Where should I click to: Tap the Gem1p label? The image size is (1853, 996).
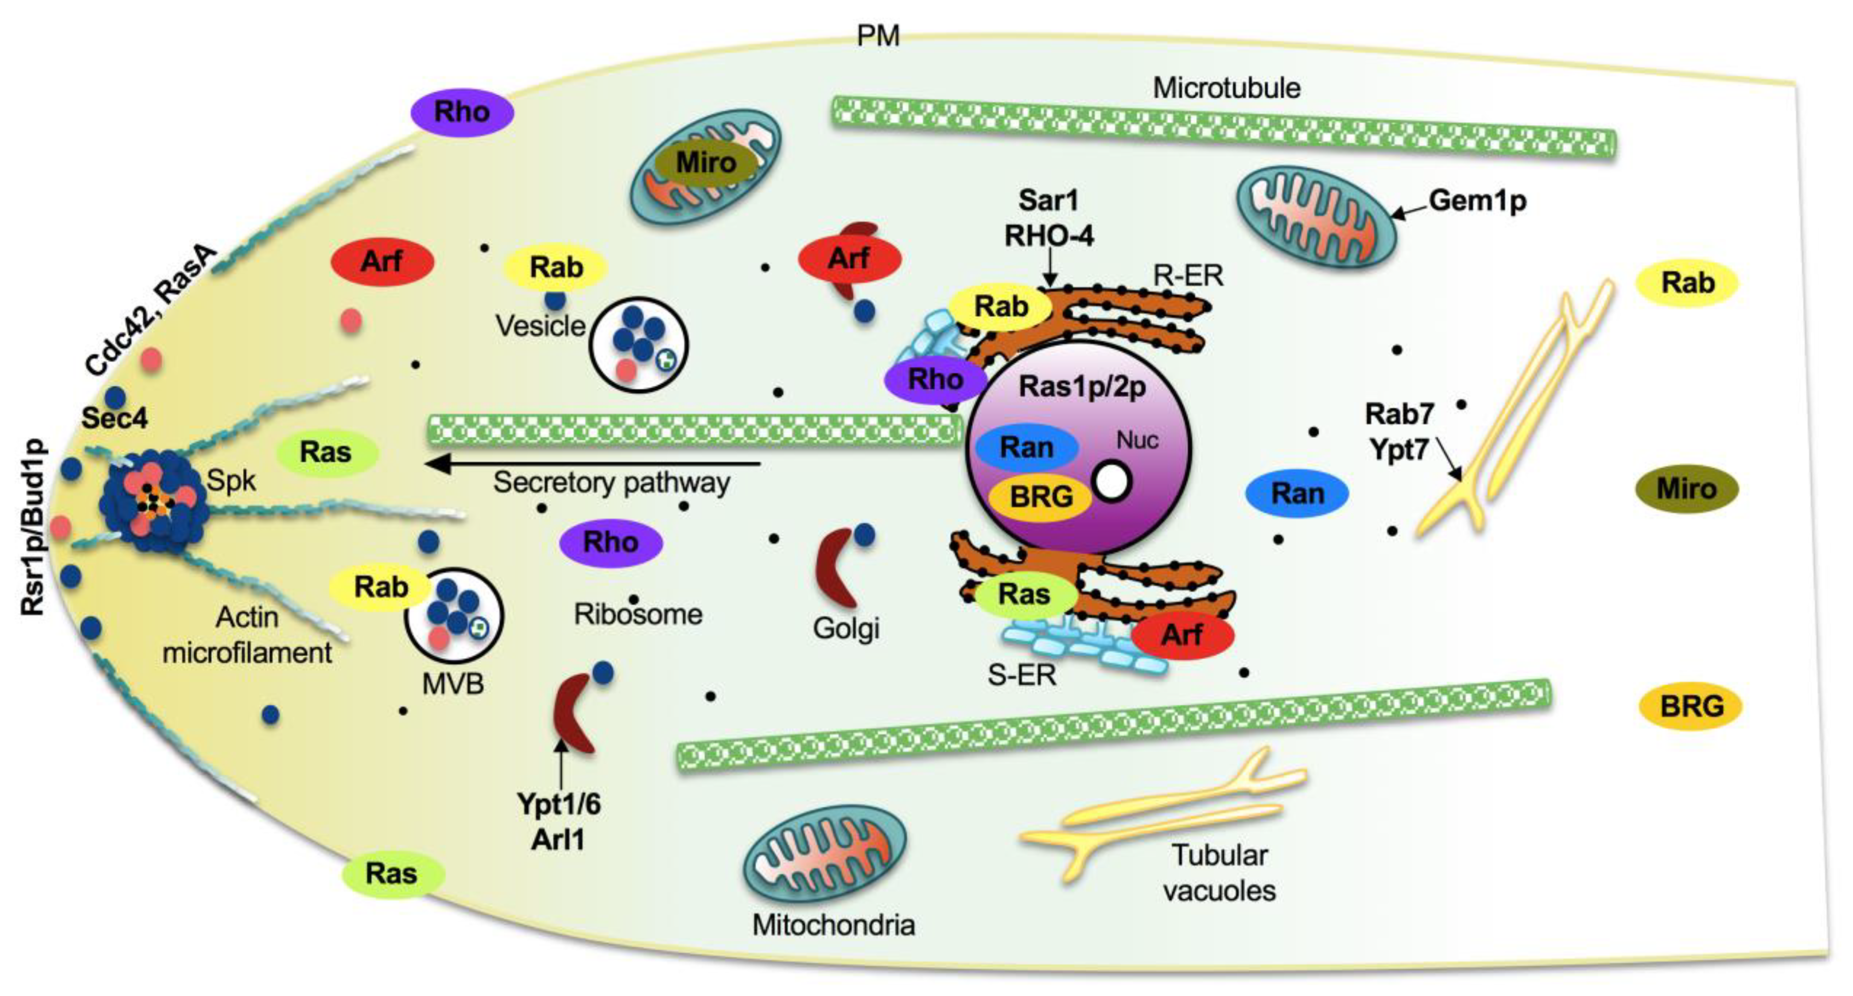click(1477, 201)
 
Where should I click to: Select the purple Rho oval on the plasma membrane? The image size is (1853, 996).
click(462, 112)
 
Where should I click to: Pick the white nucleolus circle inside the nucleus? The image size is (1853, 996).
click(1112, 483)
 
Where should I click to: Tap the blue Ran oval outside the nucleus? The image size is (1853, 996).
click(1297, 494)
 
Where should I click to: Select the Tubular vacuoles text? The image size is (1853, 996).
click(1219, 873)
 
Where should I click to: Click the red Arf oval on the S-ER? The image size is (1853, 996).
click(1182, 635)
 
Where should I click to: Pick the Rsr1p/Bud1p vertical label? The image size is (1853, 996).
click(33, 528)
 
